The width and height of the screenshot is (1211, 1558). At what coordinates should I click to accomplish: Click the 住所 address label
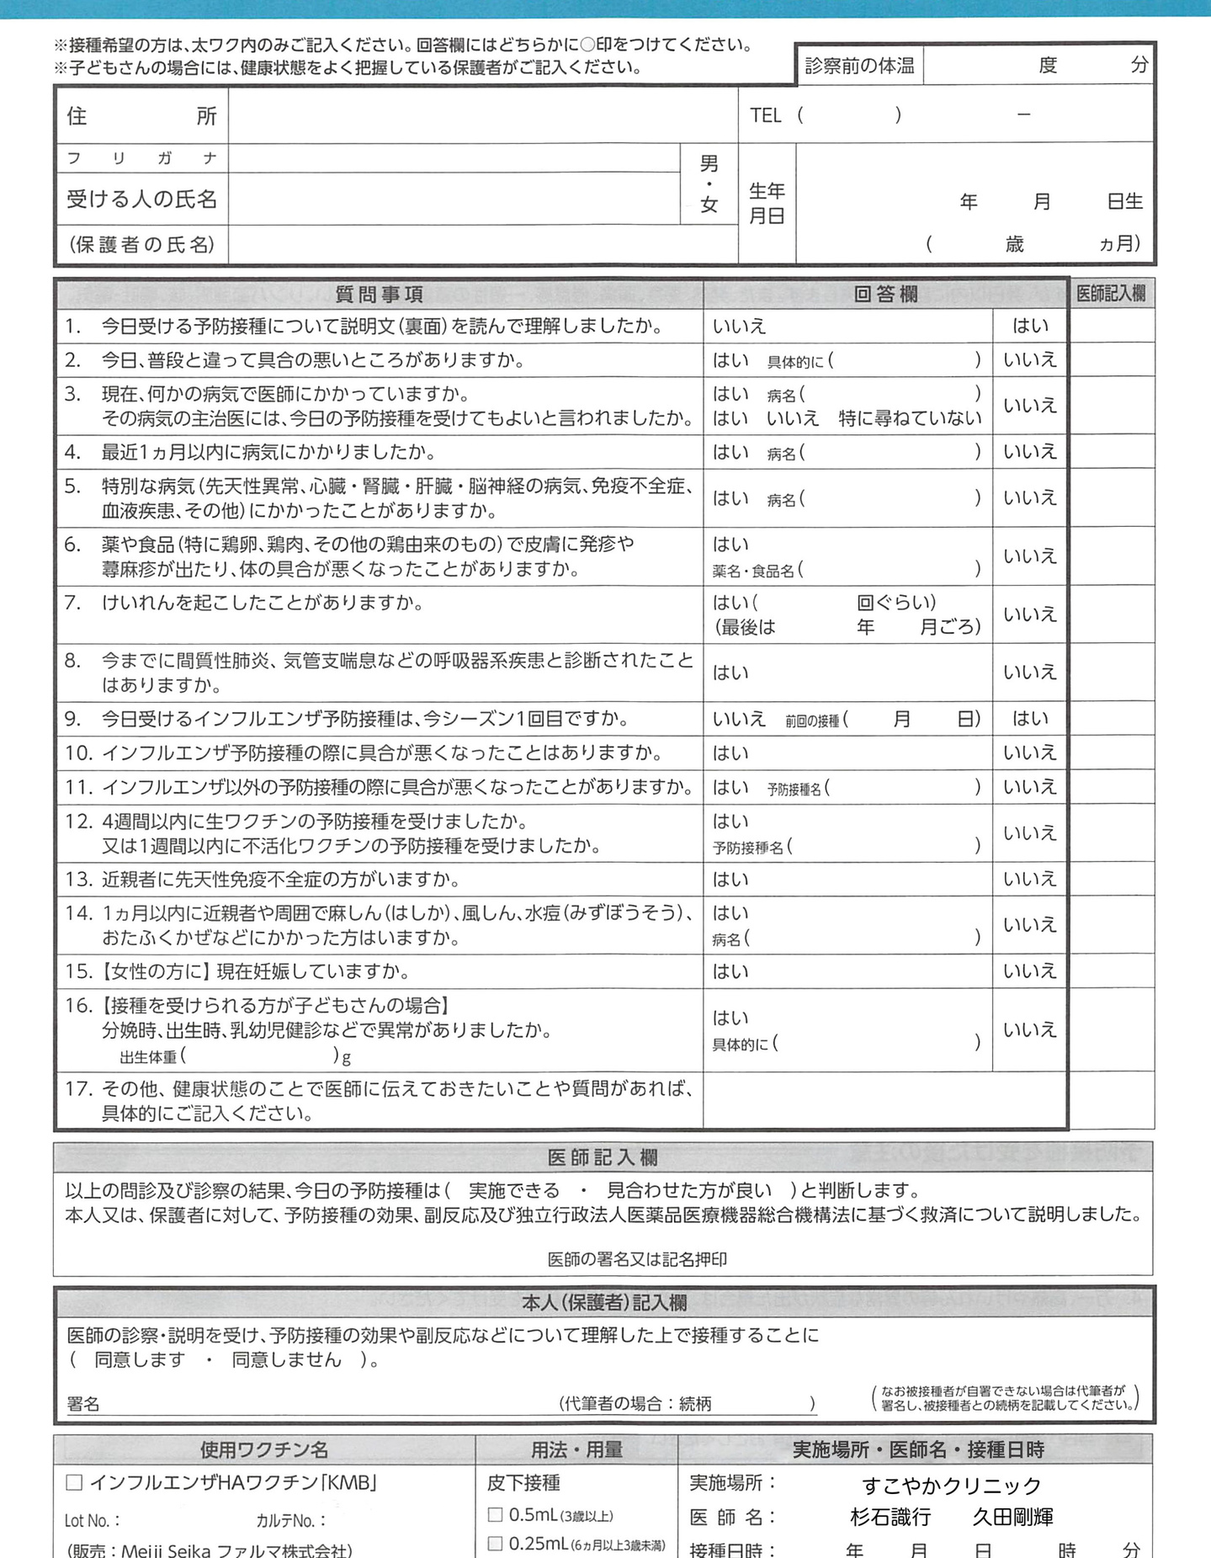(141, 115)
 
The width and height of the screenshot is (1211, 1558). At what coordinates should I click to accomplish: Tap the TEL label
(765, 115)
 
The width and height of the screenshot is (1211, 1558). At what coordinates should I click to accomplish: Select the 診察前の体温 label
(859, 66)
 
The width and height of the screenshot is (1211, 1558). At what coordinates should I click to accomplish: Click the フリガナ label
(141, 158)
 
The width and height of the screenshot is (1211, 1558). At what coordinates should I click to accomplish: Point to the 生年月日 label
(767, 204)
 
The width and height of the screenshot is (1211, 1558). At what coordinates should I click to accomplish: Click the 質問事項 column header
(379, 294)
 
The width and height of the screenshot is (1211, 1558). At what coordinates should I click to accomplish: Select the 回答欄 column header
(885, 294)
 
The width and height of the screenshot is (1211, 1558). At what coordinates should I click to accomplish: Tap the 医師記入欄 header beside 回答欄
(1111, 294)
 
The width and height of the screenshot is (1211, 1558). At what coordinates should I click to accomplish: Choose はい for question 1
(1030, 326)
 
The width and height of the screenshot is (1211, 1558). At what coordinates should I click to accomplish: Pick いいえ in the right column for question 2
(1029, 360)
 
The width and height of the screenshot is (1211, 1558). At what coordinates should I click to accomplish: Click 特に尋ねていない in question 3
(910, 418)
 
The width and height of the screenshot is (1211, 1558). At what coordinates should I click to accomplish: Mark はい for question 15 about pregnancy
(730, 971)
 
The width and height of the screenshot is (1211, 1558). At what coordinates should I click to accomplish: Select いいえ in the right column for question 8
(1029, 672)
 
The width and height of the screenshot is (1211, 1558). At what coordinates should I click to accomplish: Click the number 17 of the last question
(77, 1089)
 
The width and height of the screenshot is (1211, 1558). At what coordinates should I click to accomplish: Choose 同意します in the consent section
(140, 1359)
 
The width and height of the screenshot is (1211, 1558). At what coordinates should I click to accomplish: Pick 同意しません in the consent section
(286, 1359)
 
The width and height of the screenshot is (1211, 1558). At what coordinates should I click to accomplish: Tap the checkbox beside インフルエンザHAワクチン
(74, 1483)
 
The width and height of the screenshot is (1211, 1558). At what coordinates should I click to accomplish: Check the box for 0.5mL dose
(496, 1515)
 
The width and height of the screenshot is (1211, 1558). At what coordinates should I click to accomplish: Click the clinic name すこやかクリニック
(951, 1486)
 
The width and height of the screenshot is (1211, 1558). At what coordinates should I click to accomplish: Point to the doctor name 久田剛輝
(1012, 1518)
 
